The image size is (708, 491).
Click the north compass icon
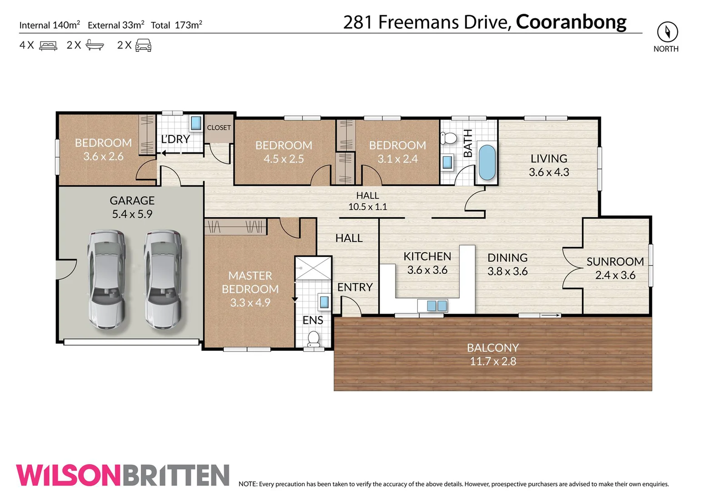point(667,32)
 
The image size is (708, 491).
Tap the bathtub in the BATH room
point(486,163)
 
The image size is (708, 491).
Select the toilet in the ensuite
point(314,339)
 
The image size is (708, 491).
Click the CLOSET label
point(219,128)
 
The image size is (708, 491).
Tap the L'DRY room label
point(175,139)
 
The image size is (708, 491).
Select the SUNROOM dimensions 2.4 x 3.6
point(615,275)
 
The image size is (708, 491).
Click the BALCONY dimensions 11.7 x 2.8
point(493,361)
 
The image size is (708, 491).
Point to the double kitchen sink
point(437,306)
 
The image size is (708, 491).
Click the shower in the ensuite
point(313,268)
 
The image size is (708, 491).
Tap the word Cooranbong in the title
point(571,22)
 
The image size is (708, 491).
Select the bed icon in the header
point(48,45)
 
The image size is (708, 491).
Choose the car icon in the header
point(143,45)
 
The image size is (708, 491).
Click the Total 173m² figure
point(176,25)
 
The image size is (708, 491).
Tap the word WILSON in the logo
point(68,476)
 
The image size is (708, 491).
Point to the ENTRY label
point(355,287)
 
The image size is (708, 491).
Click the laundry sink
point(196,123)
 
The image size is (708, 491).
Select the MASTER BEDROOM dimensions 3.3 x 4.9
point(250,303)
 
